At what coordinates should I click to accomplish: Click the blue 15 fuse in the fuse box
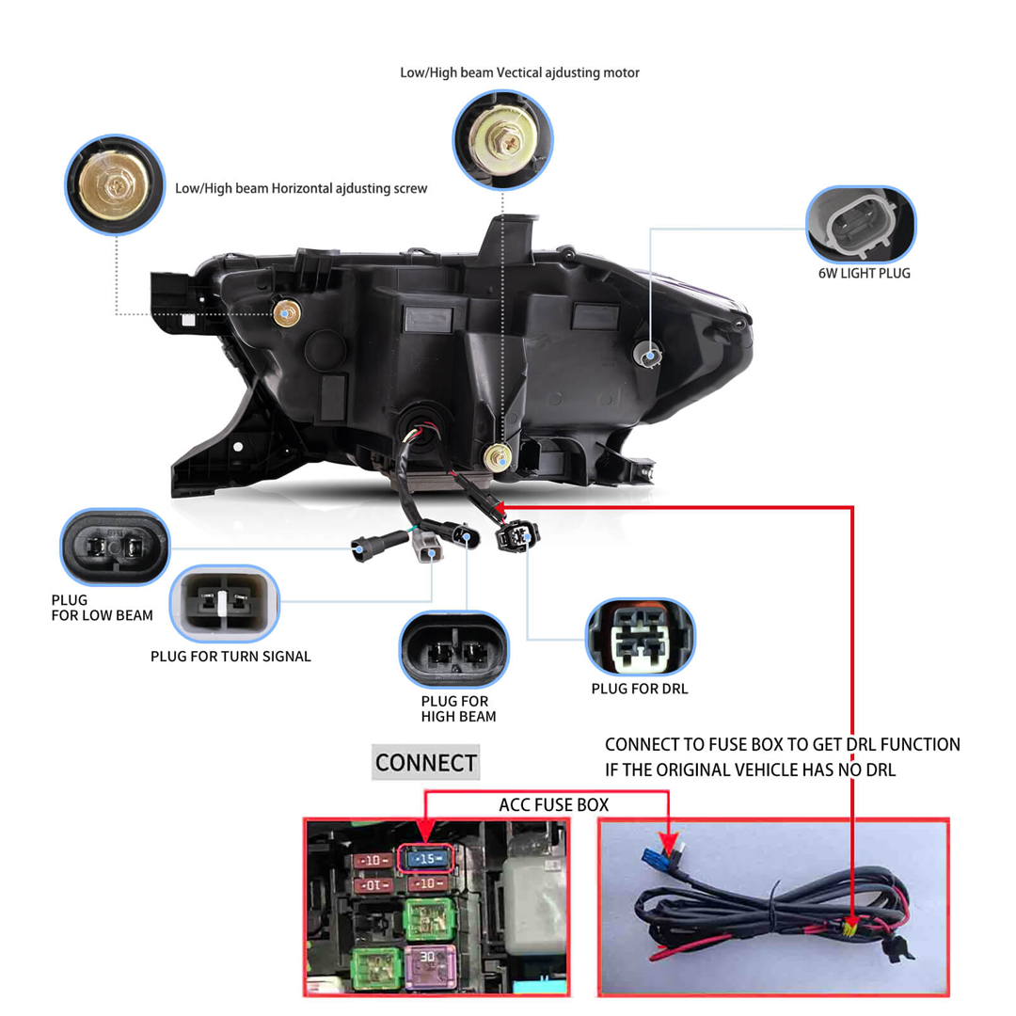[x=427, y=858]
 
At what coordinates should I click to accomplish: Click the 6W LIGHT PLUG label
[x=864, y=274]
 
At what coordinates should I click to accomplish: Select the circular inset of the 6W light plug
[x=861, y=224]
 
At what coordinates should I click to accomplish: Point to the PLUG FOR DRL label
[x=640, y=689]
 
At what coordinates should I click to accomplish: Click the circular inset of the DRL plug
[x=641, y=637]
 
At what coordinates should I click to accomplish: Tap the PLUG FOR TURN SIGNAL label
[x=230, y=656]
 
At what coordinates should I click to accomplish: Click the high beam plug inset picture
[x=454, y=649]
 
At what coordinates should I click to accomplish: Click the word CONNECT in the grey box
[x=425, y=762]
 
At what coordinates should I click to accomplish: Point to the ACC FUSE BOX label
[x=553, y=805]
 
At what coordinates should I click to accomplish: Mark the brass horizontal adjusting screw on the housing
[x=287, y=314]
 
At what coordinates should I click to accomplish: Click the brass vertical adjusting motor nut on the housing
[x=495, y=458]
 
